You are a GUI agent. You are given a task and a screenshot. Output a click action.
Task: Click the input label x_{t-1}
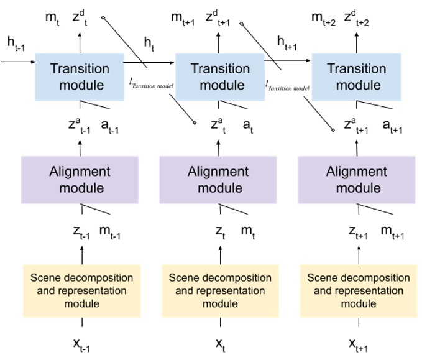[81, 344]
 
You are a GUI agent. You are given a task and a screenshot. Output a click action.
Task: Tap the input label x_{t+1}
[359, 344]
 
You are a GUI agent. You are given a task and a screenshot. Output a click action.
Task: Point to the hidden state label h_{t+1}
[290, 42]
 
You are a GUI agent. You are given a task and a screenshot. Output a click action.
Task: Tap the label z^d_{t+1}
[219, 17]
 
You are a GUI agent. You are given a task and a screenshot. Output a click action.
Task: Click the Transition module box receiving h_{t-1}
[80, 76]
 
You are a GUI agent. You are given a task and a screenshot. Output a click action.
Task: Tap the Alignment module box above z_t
[218, 179]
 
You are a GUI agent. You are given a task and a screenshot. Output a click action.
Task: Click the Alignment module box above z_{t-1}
[80, 179]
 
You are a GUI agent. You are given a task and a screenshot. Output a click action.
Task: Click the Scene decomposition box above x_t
[219, 289]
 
